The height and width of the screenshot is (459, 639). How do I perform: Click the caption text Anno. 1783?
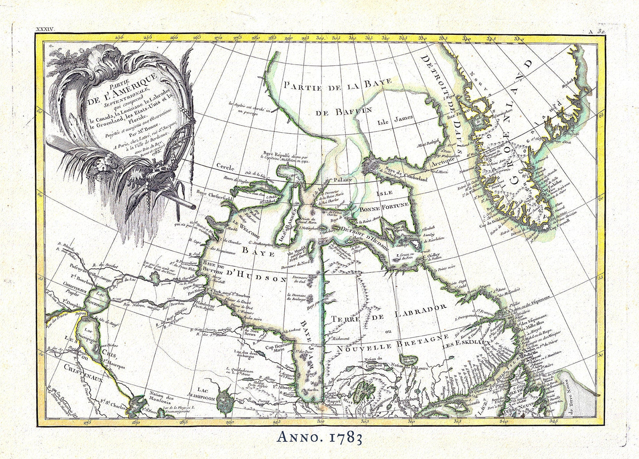320,438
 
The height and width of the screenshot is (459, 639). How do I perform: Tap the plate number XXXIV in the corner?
46,30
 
